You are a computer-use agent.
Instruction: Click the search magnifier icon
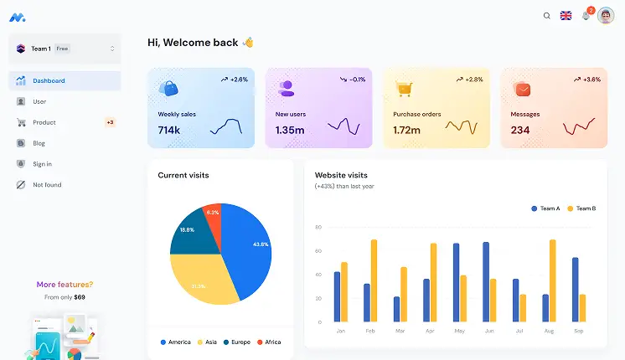(x=547, y=15)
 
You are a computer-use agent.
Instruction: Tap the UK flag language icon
(x=566, y=15)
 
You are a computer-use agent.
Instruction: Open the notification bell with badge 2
(x=586, y=15)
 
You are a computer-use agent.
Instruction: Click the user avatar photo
(x=606, y=15)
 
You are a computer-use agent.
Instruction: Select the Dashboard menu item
(x=49, y=80)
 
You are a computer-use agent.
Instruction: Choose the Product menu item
(x=44, y=122)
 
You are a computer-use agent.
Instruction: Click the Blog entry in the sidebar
(x=39, y=143)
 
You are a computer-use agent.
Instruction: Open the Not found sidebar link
(x=47, y=185)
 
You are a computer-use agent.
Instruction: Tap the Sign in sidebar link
(x=42, y=164)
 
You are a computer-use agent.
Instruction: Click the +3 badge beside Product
(x=110, y=122)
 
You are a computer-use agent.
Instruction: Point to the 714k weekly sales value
(x=169, y=130)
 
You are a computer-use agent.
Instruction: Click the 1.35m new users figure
(x=290, y=130)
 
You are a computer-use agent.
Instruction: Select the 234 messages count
(x=520, y=130)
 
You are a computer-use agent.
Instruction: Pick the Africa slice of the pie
(x=213, y=213)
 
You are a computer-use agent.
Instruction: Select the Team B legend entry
(x=581, y=208)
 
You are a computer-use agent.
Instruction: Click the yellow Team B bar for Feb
(x=374, y=280)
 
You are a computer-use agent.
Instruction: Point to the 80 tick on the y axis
(x=318, y=227)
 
